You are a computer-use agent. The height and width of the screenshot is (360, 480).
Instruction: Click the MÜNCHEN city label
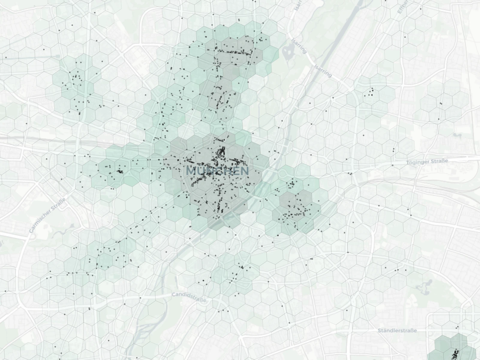[217, 171]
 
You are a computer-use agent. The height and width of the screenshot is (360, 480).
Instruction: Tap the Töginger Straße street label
[427, 162]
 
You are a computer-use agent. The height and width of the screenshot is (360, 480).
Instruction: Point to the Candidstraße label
[189, 297]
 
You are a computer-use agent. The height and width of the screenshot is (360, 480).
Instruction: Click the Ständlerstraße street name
[397, 331]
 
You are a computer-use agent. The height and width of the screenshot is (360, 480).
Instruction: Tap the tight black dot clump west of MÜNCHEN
[120, 172]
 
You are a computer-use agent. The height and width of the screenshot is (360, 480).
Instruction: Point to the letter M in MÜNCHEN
[191, 171]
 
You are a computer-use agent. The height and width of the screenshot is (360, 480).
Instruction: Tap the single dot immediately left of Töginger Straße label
[392, 165]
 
